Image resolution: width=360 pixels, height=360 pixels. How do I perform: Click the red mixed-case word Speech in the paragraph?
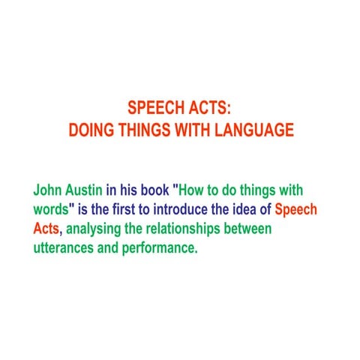296,211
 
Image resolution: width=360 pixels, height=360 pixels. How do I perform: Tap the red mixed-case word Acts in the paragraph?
46,229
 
